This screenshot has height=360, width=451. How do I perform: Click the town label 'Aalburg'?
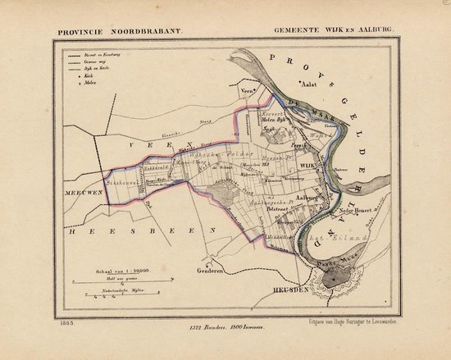pyautogui.click(x=307, y=197)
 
